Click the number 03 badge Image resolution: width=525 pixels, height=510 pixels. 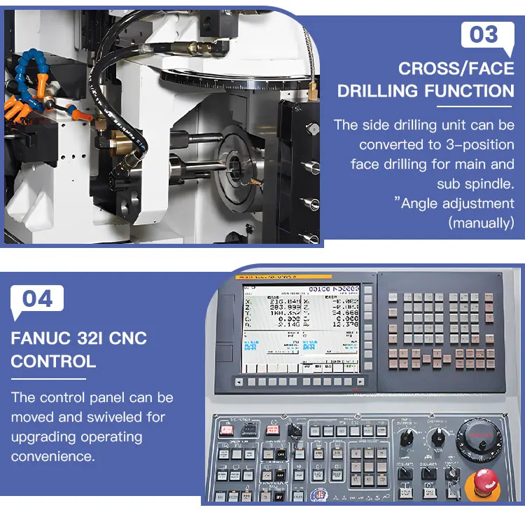(x=484, y=34)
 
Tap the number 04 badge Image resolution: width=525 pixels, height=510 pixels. (x=38, y=298)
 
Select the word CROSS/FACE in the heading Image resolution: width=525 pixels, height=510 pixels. (x=456, y=69)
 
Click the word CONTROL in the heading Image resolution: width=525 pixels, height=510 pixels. (x=53, y=361)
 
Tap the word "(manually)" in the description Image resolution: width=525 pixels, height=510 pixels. (x=481, y=223)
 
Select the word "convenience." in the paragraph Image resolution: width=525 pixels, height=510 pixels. (x=52, y=456)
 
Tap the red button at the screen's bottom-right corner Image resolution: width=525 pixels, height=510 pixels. (x=359, y=382)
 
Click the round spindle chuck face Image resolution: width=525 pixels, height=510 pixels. (x=238, y=168)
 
